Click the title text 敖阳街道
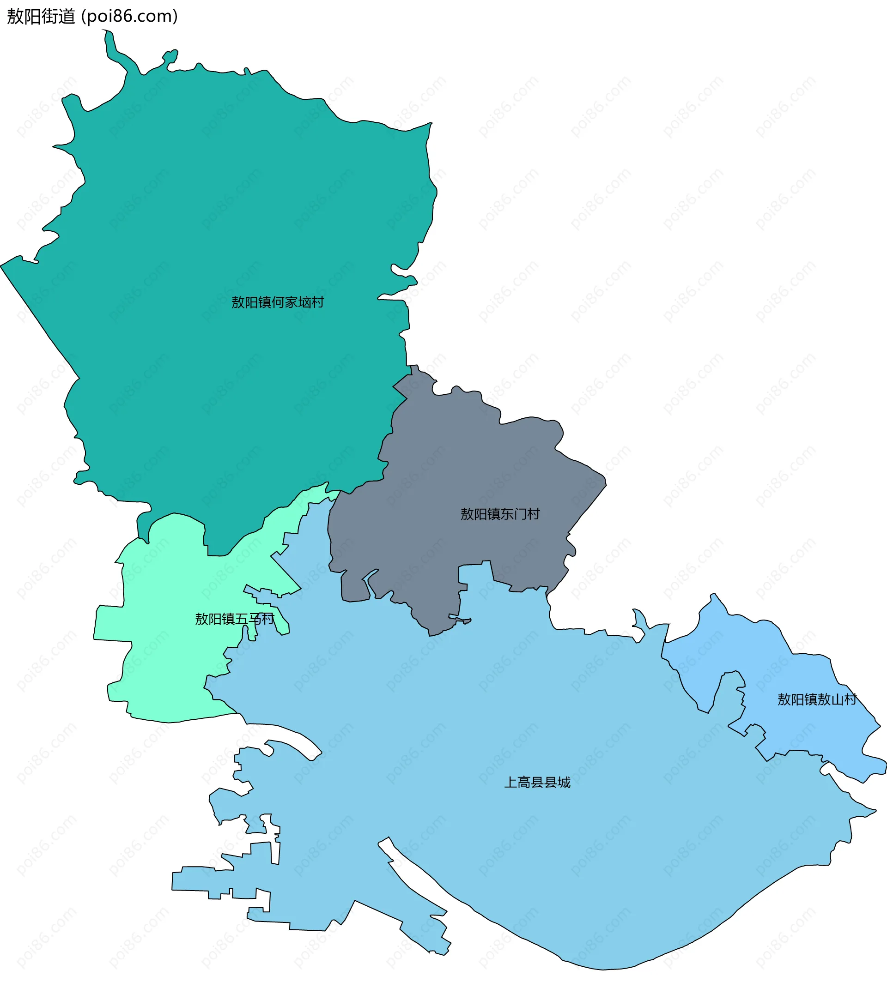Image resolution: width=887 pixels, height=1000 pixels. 41,16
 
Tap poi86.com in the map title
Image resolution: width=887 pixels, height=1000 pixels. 129,16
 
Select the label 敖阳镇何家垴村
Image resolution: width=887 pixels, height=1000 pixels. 278,302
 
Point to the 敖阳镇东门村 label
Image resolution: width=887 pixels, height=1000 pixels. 500,514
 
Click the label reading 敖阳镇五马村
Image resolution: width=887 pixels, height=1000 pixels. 235,619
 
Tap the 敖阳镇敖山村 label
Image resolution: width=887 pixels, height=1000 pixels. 817,699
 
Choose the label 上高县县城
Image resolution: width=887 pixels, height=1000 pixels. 537,782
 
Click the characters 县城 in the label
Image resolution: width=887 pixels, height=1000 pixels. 558,782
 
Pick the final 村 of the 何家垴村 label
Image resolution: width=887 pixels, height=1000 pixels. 318,302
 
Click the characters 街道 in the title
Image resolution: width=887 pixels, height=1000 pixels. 58,16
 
